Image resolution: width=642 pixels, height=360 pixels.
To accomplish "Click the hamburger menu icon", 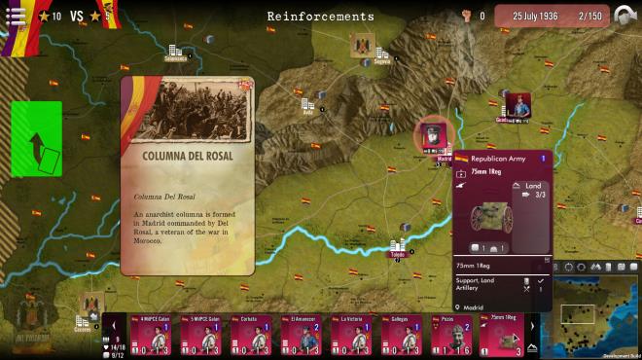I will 16,15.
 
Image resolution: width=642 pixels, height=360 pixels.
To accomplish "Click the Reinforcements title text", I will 320,17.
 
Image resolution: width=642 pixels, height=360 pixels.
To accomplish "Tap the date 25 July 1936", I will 539,17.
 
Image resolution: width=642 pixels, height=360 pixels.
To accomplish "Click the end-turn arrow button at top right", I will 626,16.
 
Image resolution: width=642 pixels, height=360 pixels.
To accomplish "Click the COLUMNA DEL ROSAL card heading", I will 187,156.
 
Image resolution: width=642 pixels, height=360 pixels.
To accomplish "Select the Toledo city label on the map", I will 397,254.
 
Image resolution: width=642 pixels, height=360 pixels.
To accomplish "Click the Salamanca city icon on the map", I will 176,53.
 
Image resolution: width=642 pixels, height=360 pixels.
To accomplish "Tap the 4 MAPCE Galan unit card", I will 155,336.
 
